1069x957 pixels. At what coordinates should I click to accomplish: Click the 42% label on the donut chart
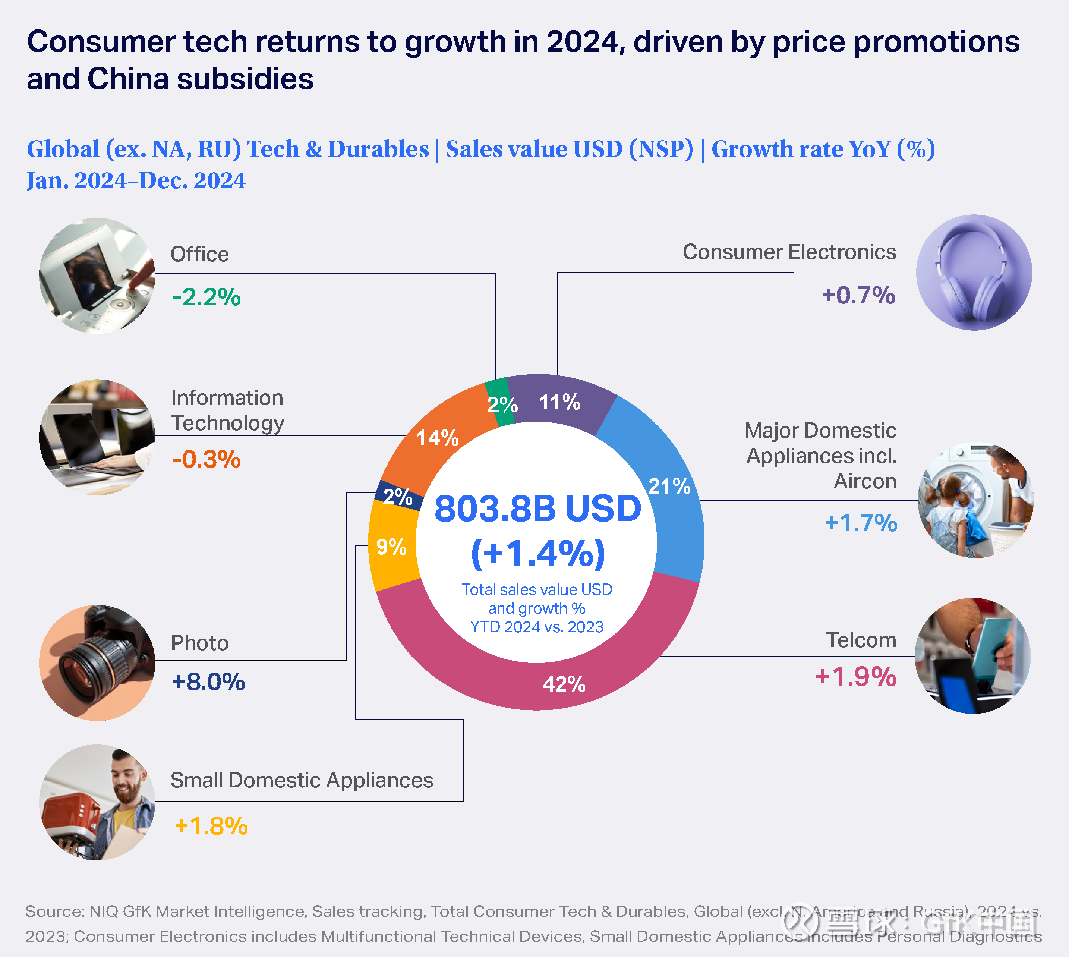coord(564,684)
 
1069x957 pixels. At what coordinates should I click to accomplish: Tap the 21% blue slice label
coord(669,486)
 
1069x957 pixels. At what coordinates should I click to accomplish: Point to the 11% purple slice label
coord(559,402)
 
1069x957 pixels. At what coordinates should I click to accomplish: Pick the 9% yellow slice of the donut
coord(391,547)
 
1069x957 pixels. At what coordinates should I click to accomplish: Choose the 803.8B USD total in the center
coord(537,509)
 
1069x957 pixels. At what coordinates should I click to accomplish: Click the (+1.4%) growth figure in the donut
coord(537,553)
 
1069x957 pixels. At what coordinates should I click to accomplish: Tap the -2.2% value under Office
coord(206,297)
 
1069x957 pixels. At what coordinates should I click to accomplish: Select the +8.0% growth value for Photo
coord(208,681)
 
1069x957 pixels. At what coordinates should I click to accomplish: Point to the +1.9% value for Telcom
coord(855,676)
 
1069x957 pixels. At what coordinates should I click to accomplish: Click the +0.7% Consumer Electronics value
coord(858,295)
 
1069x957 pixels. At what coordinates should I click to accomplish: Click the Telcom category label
coord(861,640)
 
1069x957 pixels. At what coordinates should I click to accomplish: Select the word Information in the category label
coord(227,397)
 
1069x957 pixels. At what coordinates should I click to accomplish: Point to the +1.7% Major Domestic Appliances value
coord(861,523)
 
